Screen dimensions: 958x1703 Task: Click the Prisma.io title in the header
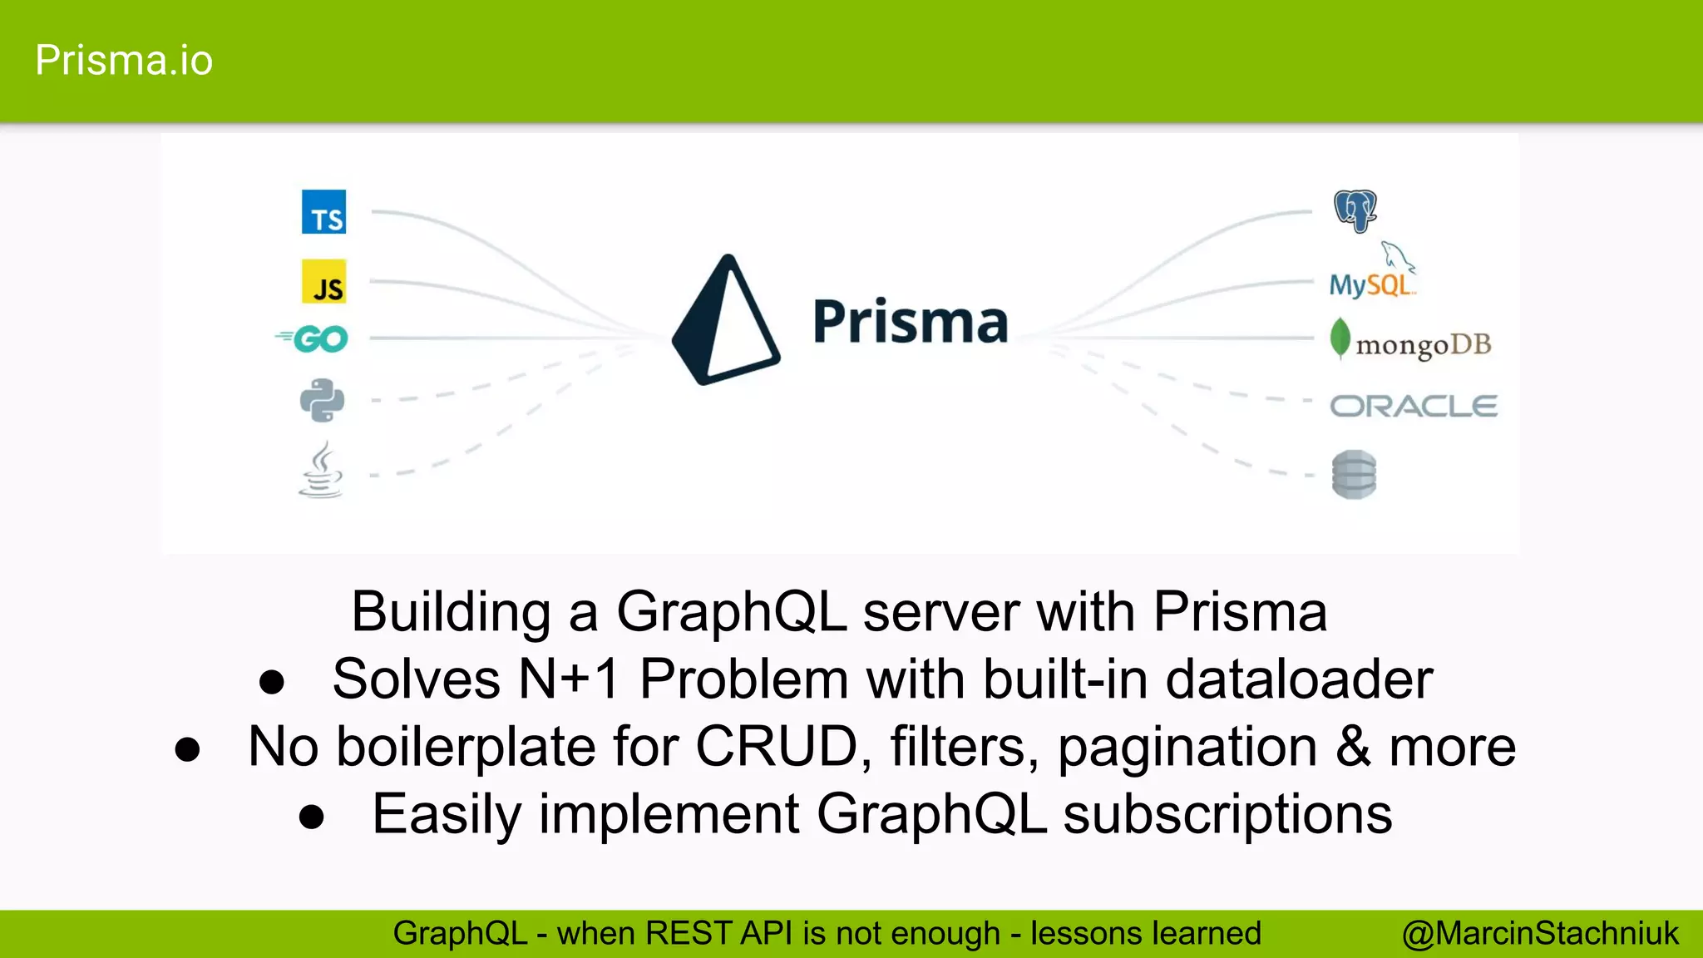click(124, 61)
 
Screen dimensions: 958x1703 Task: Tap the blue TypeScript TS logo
click(323, 212)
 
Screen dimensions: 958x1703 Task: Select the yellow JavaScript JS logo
click(323, 282)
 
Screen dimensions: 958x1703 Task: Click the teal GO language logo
click(313, 338)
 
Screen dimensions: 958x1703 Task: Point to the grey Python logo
click(322, 401)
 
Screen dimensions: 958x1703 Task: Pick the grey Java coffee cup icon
click(321, 471)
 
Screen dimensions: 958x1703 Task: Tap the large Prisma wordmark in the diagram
click(910, 322)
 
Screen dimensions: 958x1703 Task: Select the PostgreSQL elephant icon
click(1355, 210)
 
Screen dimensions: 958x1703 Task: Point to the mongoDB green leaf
click(1340, 338)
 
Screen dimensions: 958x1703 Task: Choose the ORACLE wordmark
click(1414, 407)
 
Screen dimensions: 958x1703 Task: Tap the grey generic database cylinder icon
click(1354, 475)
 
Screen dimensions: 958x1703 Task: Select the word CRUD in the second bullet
click(776, 746)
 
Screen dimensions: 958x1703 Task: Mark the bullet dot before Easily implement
click(312, 817)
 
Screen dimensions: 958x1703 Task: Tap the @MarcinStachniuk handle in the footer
click(1540, 934)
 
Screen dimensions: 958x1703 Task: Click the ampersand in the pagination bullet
click(1353, 746)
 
